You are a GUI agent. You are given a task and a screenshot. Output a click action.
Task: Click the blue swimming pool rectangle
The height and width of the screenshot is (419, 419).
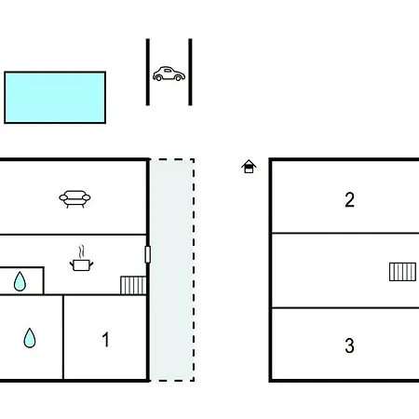point(55,98)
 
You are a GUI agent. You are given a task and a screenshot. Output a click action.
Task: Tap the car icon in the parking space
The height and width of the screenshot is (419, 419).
point(169,74)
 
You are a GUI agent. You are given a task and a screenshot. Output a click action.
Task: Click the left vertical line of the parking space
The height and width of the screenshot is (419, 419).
point(148,72)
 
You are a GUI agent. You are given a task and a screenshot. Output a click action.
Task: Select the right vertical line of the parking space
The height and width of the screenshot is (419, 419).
point(190,72)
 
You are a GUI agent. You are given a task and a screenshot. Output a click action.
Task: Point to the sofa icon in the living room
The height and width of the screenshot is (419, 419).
point(74,198)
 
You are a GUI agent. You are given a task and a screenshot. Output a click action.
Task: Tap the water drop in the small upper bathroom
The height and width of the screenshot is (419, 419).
point(20,281)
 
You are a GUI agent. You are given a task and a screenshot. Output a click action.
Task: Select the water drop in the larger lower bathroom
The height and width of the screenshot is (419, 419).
point(30,338)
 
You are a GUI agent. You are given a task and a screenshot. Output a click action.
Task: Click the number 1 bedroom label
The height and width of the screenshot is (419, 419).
point(106,339)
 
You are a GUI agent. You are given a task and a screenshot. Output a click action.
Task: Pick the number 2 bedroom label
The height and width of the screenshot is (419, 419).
point(349,199)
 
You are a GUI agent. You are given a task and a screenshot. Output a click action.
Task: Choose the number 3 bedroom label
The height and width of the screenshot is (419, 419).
point(349,345)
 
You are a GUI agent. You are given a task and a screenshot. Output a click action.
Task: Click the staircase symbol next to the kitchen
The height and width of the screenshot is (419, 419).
point(133,285)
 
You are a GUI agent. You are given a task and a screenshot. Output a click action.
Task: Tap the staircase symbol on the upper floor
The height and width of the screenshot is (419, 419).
point(402,272)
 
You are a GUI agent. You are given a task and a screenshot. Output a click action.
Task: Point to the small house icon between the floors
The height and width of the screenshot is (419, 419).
point(249,167)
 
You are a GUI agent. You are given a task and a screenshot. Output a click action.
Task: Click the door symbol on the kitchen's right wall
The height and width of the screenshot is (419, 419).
point(148,254)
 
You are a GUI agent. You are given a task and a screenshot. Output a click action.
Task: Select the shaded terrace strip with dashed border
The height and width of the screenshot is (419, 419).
point(172,270)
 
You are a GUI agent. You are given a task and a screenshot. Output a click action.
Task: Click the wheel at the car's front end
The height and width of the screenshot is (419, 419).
point(178,78)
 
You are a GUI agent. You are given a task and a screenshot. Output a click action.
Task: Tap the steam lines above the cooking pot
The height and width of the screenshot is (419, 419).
point(81,251)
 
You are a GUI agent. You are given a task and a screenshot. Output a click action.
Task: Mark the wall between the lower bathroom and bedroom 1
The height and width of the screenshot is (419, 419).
point(63,337)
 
